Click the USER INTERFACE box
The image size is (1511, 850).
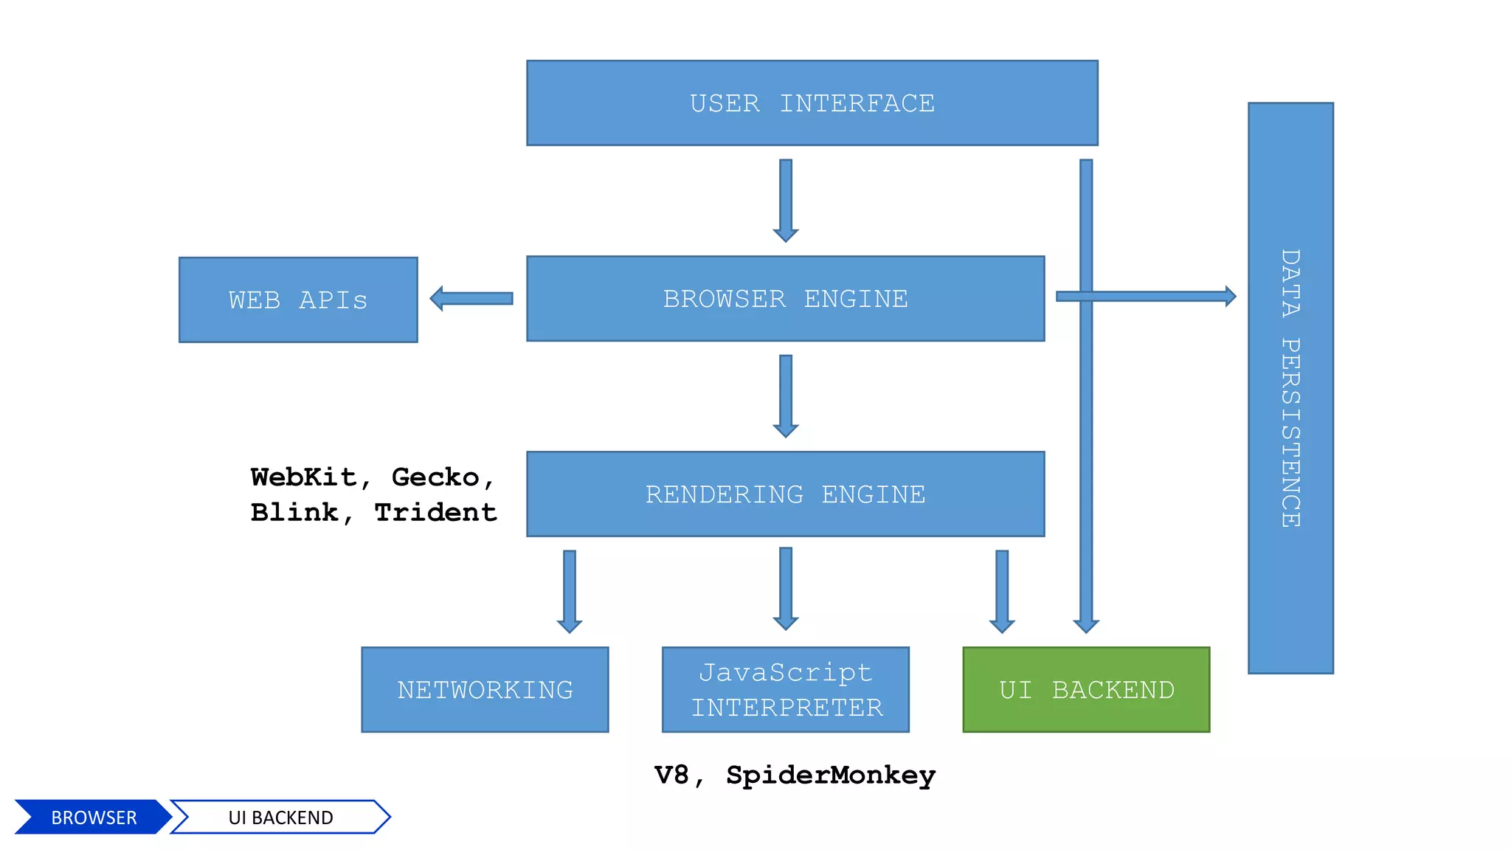812,103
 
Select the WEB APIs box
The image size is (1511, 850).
298,300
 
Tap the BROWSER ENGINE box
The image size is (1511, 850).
785,299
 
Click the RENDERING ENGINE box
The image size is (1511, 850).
785,494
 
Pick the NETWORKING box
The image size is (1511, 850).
485,690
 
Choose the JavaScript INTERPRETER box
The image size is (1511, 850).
785,690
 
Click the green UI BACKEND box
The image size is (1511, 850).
1086,690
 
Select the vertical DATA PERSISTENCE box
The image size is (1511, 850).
1290,388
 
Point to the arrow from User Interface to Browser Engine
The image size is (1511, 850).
786,199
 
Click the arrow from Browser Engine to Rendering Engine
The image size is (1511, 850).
786,395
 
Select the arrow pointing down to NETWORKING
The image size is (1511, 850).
570,590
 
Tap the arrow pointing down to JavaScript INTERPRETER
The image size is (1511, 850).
786,589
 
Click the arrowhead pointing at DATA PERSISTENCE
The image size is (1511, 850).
1230,296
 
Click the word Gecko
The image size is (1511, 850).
435,477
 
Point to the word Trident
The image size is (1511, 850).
435,512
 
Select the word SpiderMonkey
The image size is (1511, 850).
831,775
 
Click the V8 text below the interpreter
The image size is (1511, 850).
671,775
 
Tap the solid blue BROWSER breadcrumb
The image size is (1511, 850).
93,817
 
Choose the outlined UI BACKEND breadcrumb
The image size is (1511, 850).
280,817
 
